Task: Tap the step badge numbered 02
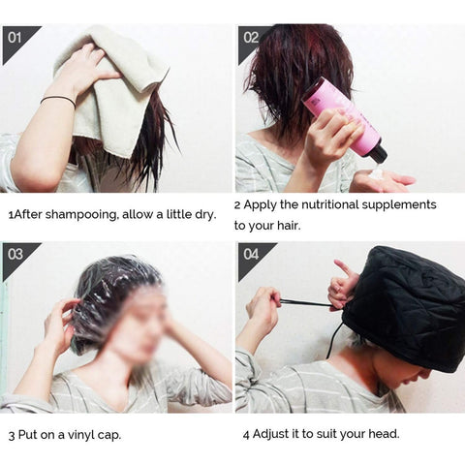tap(251, 38)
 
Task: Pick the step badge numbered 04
tap(251, 255)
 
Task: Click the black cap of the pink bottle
tap(377, 153)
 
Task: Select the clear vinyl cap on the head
tap(111, 291)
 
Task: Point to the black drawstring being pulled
tap(305, 303)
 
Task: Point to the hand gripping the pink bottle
tap(325, 136)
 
